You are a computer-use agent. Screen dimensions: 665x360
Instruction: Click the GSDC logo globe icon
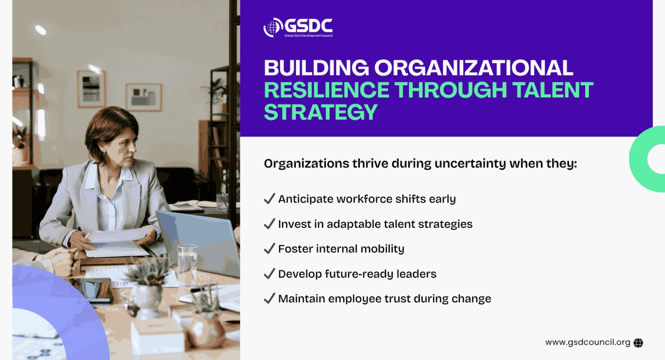273,27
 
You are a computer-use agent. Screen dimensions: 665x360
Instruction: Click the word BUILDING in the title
316,68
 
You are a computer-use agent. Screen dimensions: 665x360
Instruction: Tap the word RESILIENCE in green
327,90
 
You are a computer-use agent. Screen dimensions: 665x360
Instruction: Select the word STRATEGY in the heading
320,112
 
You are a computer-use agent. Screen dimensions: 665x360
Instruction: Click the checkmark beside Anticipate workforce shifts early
269,199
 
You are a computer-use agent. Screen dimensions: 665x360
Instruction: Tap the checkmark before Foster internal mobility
269,249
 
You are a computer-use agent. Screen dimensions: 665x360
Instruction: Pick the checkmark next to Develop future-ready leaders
269,274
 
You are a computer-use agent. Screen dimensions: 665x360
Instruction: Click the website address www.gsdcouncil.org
588,343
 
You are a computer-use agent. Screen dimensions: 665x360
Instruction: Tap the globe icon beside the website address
638,343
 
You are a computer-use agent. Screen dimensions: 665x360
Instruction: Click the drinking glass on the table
187,265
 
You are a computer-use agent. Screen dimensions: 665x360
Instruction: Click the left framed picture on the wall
91,89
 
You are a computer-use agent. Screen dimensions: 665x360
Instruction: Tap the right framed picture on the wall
144,97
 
